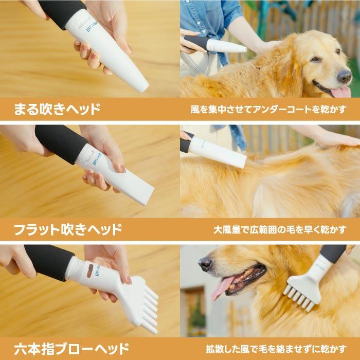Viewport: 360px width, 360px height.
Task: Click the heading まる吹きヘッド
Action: pos(57,109)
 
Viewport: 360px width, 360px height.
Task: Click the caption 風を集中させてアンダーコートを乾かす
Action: pos(268,110)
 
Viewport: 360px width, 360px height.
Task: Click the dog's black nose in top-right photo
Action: pos(344,76)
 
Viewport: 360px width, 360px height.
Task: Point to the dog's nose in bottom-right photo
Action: pos(205,263)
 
